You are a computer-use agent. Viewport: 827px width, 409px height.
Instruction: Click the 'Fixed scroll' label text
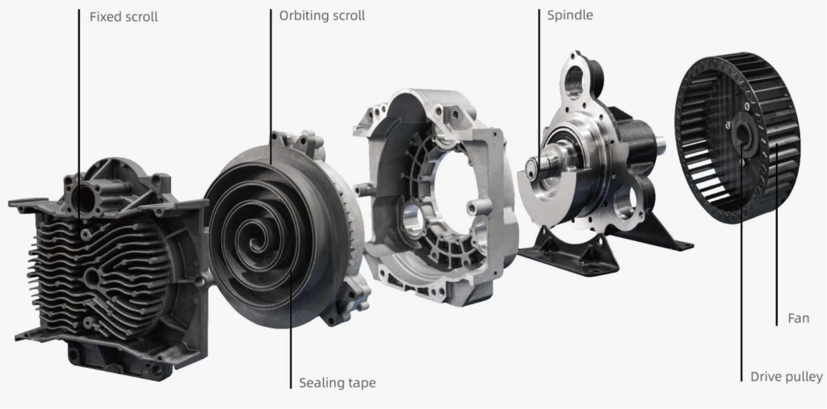click(x=124, y=16)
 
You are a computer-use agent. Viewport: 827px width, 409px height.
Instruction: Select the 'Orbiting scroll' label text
click(x=322, y=15)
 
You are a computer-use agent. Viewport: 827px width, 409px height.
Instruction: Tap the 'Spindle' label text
click(x=569, y=15)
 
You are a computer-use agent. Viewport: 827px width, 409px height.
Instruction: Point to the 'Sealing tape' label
click(x=337, y=382)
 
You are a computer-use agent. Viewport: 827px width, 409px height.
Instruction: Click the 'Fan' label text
click(x=798, y=319)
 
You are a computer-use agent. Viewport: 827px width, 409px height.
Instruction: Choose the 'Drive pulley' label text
click(x=786, y=377)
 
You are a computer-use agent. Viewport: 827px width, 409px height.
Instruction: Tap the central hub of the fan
click(x=741, y=138)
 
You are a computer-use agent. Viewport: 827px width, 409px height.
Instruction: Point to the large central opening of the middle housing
click(x=440, y=194)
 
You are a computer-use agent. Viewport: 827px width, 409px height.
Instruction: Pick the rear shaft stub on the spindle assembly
click(x=660, y=144)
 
